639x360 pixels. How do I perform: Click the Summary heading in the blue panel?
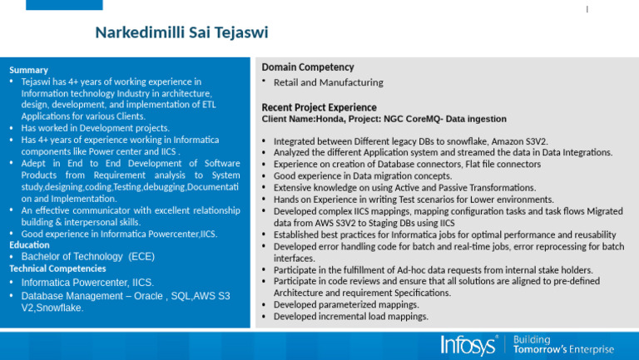click(28, 70)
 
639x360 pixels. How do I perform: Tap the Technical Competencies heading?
click(57, 269)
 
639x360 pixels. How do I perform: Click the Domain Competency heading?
click(307, 67)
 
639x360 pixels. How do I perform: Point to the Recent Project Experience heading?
click(319, 108)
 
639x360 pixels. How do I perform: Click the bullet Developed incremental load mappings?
click(350, 317)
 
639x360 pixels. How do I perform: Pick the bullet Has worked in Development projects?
click(95, 128)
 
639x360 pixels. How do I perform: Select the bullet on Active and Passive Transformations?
click(404, 188)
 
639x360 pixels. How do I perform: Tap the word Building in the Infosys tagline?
click(532, 339)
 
